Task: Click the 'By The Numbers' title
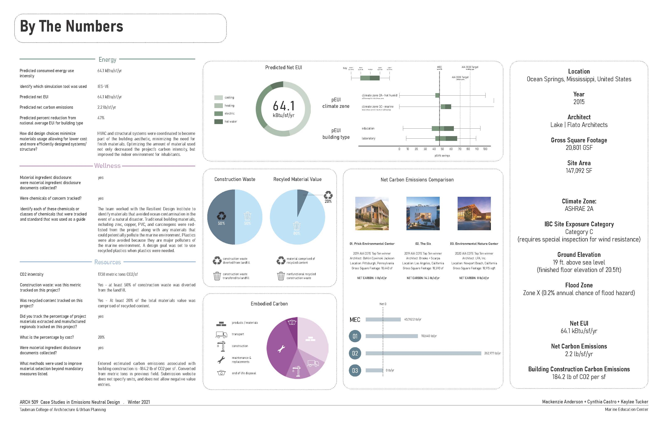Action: point(72,27)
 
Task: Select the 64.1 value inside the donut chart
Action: point(284,106)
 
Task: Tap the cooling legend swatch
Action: point(218,98)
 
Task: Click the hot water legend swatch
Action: point(218,122)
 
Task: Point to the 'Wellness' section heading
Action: point(107,166)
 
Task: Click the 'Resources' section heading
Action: point(107,262)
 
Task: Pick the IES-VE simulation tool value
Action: point(103,86)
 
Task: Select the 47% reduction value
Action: point(101,118)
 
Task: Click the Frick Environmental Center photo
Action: point(372,213)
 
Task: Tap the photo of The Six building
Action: point(423,213)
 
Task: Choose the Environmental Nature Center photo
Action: point(474,213)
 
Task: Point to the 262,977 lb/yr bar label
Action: point(492,353)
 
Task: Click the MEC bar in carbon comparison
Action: point(383,320)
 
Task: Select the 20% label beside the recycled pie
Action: point(328,201)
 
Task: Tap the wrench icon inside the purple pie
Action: point(281,349)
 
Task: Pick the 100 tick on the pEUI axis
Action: point(485,149)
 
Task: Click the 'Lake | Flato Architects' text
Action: point(579,125)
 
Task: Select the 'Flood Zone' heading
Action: point(579,285)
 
